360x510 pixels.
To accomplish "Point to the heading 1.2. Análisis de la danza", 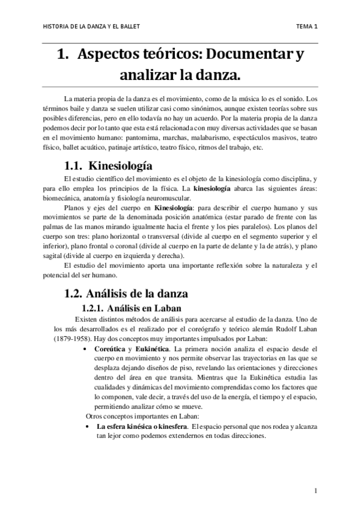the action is (126, 294).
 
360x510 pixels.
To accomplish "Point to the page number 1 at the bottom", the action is (315, 491).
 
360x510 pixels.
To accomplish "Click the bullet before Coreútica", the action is (88, 348).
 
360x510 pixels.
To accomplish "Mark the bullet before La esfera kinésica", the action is (88, 426).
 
